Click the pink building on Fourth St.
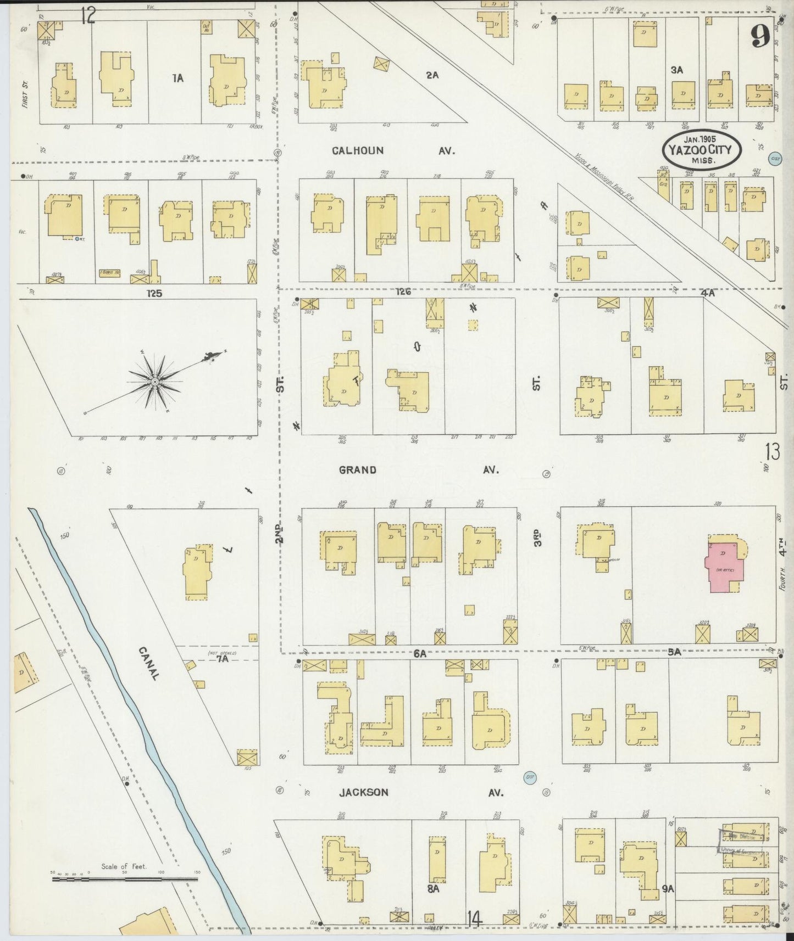(724, 567)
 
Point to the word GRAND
(358, 470)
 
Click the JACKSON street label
(363, 792)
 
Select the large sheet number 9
(760, 37)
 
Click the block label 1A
(177, 79)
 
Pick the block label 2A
(432, 75)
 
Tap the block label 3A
(676, 70)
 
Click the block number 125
(154, 293)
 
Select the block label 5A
(674, 652)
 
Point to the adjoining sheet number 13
(771, 453)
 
